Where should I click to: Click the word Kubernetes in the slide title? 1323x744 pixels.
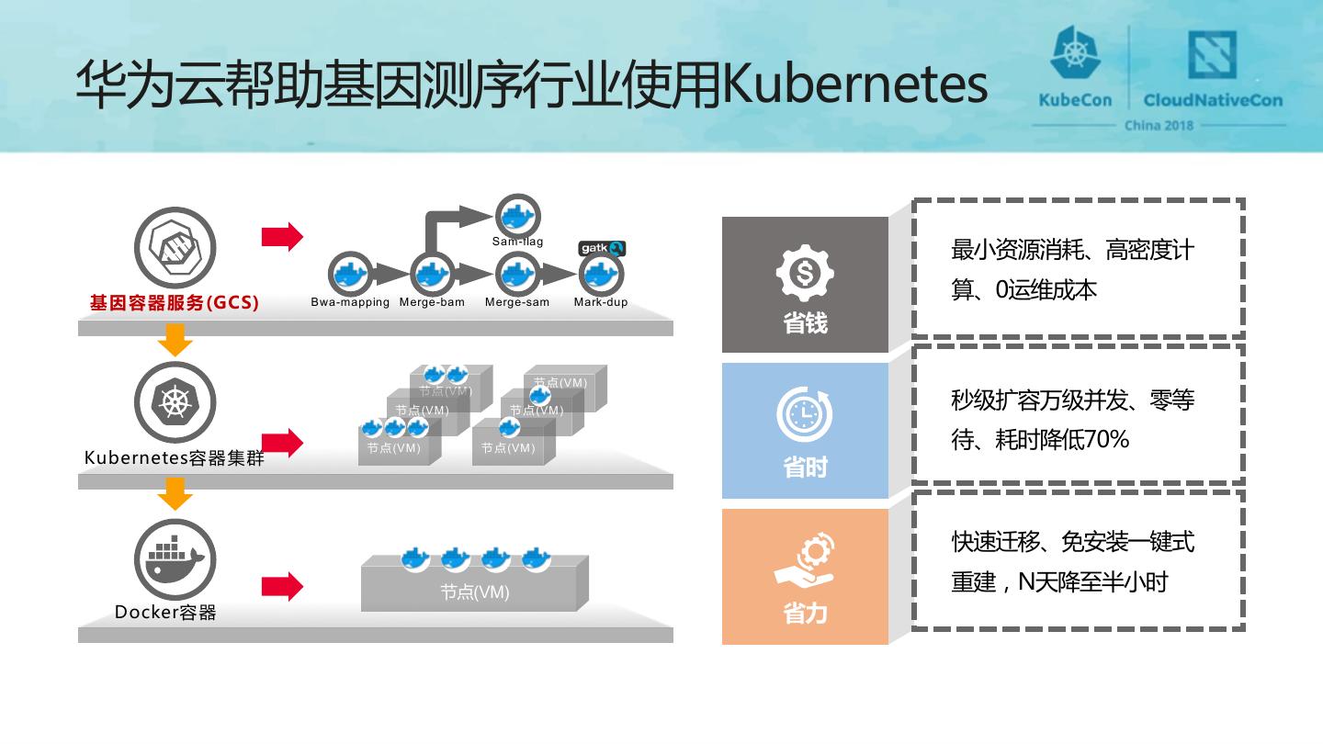(x=854, y=85)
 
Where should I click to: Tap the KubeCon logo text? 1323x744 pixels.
(x=1075, y=100)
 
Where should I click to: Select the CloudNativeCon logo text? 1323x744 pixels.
(x=1213, y=100)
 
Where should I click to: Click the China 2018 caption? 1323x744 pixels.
(x=1159, y=126)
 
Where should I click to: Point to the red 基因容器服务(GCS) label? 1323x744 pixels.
(x=174, y=302)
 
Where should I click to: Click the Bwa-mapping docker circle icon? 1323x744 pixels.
(x=350, y=273)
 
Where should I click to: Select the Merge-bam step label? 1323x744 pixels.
(x=432, y=302)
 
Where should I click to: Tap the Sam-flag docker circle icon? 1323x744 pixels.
(x=517, y=216)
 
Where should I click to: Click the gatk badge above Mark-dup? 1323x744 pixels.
(x=602, y=248)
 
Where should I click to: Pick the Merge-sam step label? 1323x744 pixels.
(x=517, y=302)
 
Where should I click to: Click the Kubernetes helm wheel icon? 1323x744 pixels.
(x=175, y=402)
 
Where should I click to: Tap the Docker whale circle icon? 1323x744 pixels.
(x=175, y=559)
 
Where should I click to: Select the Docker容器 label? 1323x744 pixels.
(x=165, y=613)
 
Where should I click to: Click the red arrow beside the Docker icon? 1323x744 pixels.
(x=282, y=586)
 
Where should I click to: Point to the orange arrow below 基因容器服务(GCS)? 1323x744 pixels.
(x=175, y=339)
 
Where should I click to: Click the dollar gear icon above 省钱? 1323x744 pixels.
(x=805, y=273)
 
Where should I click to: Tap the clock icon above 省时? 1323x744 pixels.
(x=805, y=415)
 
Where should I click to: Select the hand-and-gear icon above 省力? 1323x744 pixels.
(x=805, y=561)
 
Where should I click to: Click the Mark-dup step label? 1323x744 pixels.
(x=601, y=302)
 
